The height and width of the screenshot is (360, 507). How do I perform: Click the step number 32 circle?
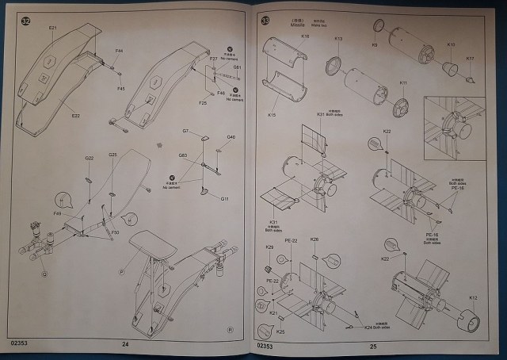pyautogui.click(x=25, y=21)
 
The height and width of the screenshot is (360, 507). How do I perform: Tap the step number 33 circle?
pyautogui.click(x=265, y=20)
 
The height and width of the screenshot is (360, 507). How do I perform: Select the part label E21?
pyautogui.click(x=52, y=28)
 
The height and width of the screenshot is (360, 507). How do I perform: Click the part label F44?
pyautogui.click(x=118, y=52)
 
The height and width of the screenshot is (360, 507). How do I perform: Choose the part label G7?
pyautogui.click(x=185, y=130)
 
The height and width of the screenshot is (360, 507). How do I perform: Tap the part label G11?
pyautogui.click(x=224, y=198)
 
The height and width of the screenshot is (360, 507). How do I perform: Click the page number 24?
pyautogui.click(x=125, y=345)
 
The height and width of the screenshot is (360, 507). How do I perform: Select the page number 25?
pyautogui.click(x=373, y=346)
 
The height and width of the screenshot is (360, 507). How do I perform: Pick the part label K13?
pyautogui.click(x=338, y=39)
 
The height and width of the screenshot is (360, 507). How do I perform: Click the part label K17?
pyautogui.click(x=470, y=59)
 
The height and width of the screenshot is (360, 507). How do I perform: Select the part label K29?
pyautogui.click(x=269, y=248)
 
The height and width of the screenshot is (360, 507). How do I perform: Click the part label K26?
pyautogui.click(x=314, y=239)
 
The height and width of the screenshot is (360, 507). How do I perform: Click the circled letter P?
pyautogui.click(x=121, y=270)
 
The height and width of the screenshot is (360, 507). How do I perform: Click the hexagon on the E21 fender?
pyautogui.click(x=48, y=59)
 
